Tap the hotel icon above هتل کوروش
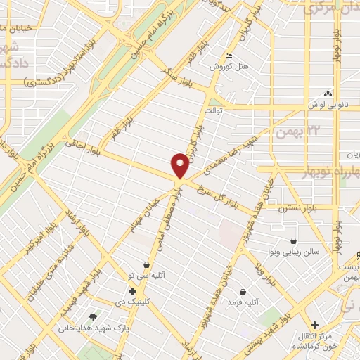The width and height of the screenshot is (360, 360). tap(226, 56)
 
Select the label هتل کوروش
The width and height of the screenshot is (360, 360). tap(226, 67)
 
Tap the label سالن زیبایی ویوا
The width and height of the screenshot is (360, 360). tap(294, 251)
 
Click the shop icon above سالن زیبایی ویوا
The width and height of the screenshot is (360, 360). tap(293, 240)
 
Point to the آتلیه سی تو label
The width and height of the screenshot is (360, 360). tap(146, 276)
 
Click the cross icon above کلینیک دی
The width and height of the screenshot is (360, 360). tap(132, 290)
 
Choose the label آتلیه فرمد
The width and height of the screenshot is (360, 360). tap(243, 302)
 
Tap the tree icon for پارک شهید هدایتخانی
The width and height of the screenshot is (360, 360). tap(94, 317)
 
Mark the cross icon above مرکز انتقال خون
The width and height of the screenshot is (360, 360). tap(315, 325)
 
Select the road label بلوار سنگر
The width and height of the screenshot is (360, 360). tap(177, 73)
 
